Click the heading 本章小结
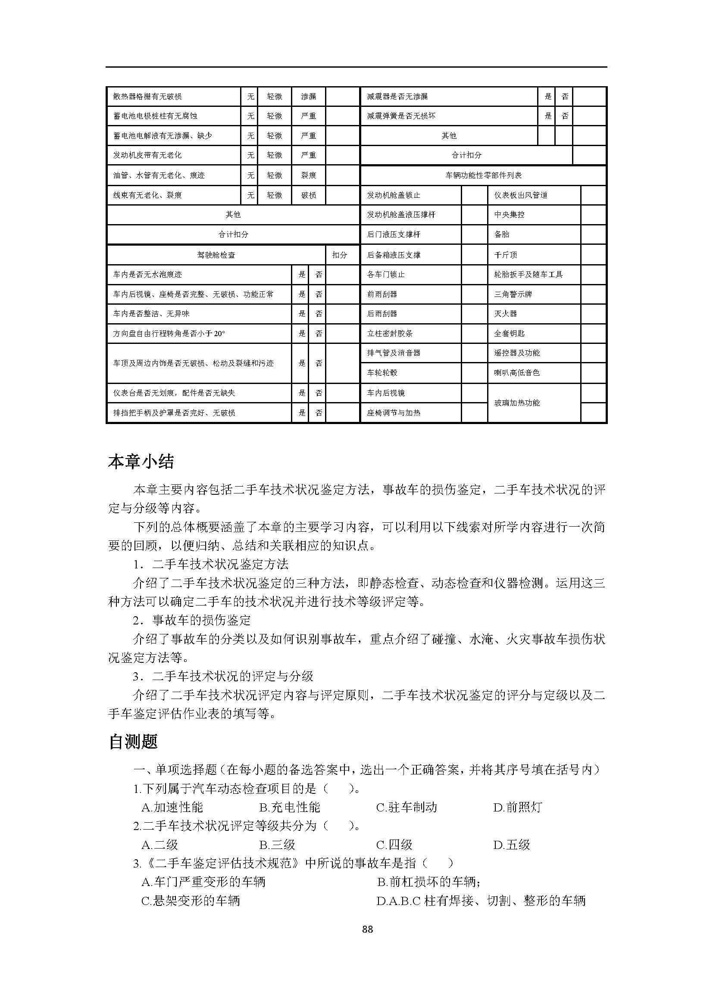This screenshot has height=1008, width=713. pyautogui.click(x=141, y=462)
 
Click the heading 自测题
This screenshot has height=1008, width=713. pyautogui.click(x=133, y=742)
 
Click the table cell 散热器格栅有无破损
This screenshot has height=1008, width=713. pyautogui.click(x=147, y=97)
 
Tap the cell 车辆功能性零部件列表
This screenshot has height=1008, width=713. pyautogui.click(x=483, y=175)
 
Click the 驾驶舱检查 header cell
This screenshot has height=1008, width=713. pyautogui.click(x=216, y=255)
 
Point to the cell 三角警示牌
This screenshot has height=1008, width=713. pyautogui.click(x=513, y=294)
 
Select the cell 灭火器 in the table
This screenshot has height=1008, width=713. pyautogui.click(x=505, y=314)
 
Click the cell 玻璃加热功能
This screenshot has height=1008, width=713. pyautogui.click(x=517, y=403)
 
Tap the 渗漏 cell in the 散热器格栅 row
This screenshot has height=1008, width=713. pyautogui.click(x=309, y=97)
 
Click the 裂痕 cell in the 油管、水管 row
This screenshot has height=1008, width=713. pyautogui.click(x=309, y=175)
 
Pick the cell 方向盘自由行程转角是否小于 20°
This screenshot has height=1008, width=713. pyautogui.click(x=169, y=334)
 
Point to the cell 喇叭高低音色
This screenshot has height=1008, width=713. pyautogui.click(x=517, y=373)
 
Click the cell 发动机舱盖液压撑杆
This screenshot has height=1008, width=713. pyautogui.click(x=401, y=215)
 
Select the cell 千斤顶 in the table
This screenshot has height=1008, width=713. pyautogui.click(x=505, y=255)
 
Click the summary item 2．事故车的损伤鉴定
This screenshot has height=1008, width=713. pyautogui.click(x=192, y=620)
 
